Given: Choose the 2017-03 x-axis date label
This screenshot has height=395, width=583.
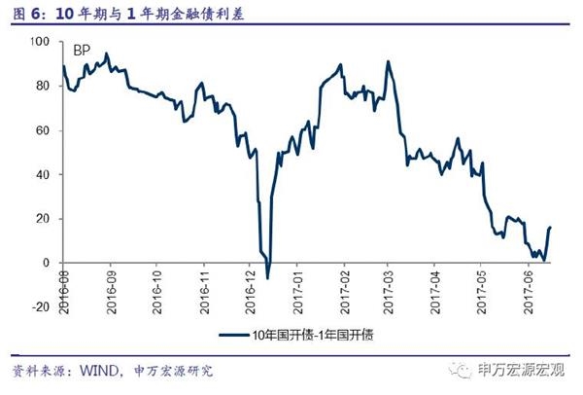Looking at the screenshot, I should [x=389, y=285].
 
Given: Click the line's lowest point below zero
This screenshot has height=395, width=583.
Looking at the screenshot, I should [x=267, y=277].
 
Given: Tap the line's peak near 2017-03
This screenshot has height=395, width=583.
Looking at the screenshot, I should [x=387, y=62].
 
